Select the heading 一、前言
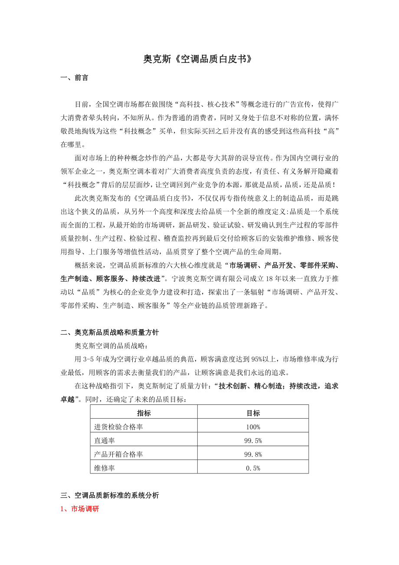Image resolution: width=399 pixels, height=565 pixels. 75,78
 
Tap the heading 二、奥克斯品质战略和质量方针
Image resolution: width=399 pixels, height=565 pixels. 110,333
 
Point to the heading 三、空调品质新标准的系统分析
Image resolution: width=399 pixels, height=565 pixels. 110,495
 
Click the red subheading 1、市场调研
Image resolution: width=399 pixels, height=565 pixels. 80,509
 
